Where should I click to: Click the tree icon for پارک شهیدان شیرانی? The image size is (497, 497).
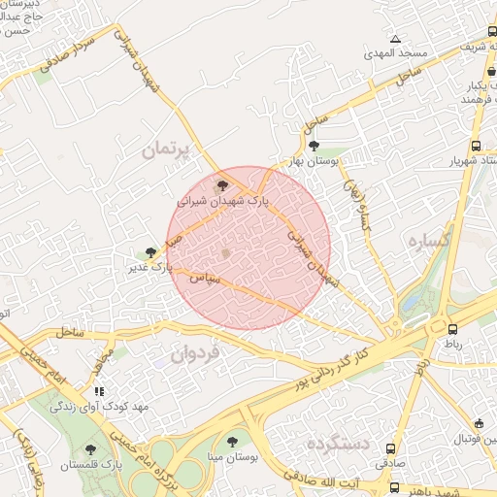pyautogui.click(x=222, y=183)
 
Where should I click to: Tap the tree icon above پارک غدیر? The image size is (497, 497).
pyautogui.click(x=150, y=252)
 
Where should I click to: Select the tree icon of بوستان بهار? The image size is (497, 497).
pyautogui.click(x=312, y=146)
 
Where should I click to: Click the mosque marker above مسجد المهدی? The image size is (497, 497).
pyautogui.click(x=395, y=40)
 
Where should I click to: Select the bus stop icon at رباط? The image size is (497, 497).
pyautogui.click(x=452, y=329)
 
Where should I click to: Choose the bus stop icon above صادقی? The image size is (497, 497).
pyautogui.click(x=391, y=449)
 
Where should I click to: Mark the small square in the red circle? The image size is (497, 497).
pyautogui.click(x=226, y=254)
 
